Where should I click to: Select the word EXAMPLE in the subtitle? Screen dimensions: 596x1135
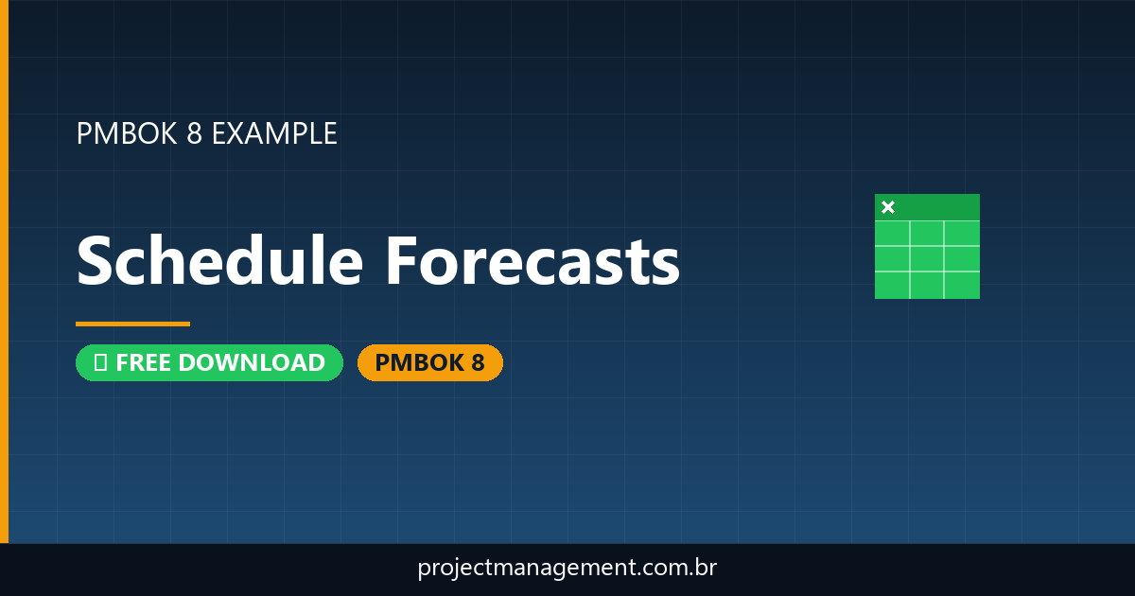pyautogui.click(x=274, y=133)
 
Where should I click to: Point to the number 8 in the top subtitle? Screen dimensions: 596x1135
pyautogui.click(x=194, y=133)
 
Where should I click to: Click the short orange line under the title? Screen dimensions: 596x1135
pyautogui.click(x=132, y=324)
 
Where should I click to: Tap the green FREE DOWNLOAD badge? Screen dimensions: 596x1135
pyautogui.click(x=209, y=362)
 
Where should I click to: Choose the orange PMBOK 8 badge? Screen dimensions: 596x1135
pyautogui.click(x=429, y=362)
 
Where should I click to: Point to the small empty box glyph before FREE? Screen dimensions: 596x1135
pyautogui.click(x=100, y=362)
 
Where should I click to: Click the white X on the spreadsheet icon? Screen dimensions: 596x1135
pyautogui.click(x=888, y=207)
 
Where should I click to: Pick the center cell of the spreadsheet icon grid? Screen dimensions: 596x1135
pyautogui.click(x=927, y=258)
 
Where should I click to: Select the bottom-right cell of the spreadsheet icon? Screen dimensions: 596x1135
pyautogui.click(x=962, y=285)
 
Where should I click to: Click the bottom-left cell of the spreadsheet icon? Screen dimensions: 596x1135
pyautogui.click(x=892, y=285)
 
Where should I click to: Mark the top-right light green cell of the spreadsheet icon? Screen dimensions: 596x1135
pyautogui.click(x=962, y=233)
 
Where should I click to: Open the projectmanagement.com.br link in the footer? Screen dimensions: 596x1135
pyautogui.click(x=567, y=569)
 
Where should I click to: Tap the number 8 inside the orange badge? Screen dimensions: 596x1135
pyautogui.click(x=477, y=362)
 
